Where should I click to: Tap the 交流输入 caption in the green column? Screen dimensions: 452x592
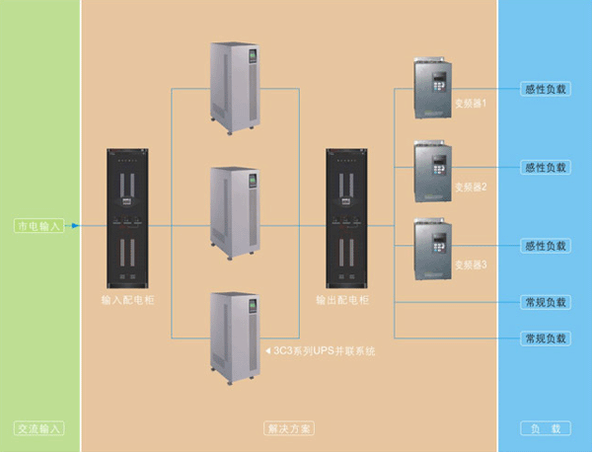coord(39,429)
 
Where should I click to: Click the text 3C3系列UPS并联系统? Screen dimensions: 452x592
coord(323,350)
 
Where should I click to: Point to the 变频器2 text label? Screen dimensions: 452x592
coord(470,186)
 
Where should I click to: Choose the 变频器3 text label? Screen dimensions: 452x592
coord(470,265)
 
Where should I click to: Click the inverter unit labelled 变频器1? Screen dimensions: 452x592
coord(433,89)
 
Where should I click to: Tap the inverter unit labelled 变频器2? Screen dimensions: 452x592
coord(433,170)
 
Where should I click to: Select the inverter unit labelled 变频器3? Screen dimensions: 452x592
coord(433,250)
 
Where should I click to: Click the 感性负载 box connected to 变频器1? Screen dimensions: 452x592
coord(545,89)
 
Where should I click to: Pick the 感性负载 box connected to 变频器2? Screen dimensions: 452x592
coord(545,168)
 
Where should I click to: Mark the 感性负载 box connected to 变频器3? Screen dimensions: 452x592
coord(545,246)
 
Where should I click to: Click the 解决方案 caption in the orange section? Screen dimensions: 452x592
coord(289,429)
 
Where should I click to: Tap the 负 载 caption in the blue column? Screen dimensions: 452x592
coord(545,429)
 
